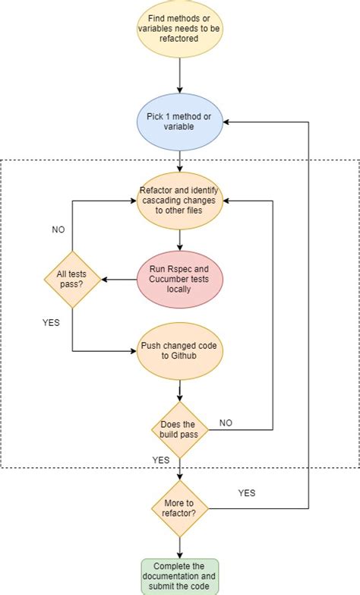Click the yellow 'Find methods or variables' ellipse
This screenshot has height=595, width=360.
click(180, 29)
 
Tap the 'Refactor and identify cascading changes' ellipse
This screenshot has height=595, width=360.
click(180, 200)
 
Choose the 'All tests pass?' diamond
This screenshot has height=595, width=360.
click(72, 280)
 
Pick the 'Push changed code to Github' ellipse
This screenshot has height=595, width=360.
click(180, 351)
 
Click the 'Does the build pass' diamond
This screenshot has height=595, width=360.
click(179, 430)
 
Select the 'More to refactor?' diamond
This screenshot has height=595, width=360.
click(180, 508)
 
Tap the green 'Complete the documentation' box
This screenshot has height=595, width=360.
click(180, 576)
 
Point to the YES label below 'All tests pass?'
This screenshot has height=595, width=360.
click(52, 322)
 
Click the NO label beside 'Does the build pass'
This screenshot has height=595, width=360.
click(226, 423)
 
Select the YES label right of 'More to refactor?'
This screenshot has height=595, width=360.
click(247, 492)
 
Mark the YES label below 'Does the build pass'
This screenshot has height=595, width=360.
click(161, 460)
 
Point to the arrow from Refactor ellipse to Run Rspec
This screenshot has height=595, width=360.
click(180, 239)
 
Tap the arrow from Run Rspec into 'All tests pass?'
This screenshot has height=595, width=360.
click(120, 280)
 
